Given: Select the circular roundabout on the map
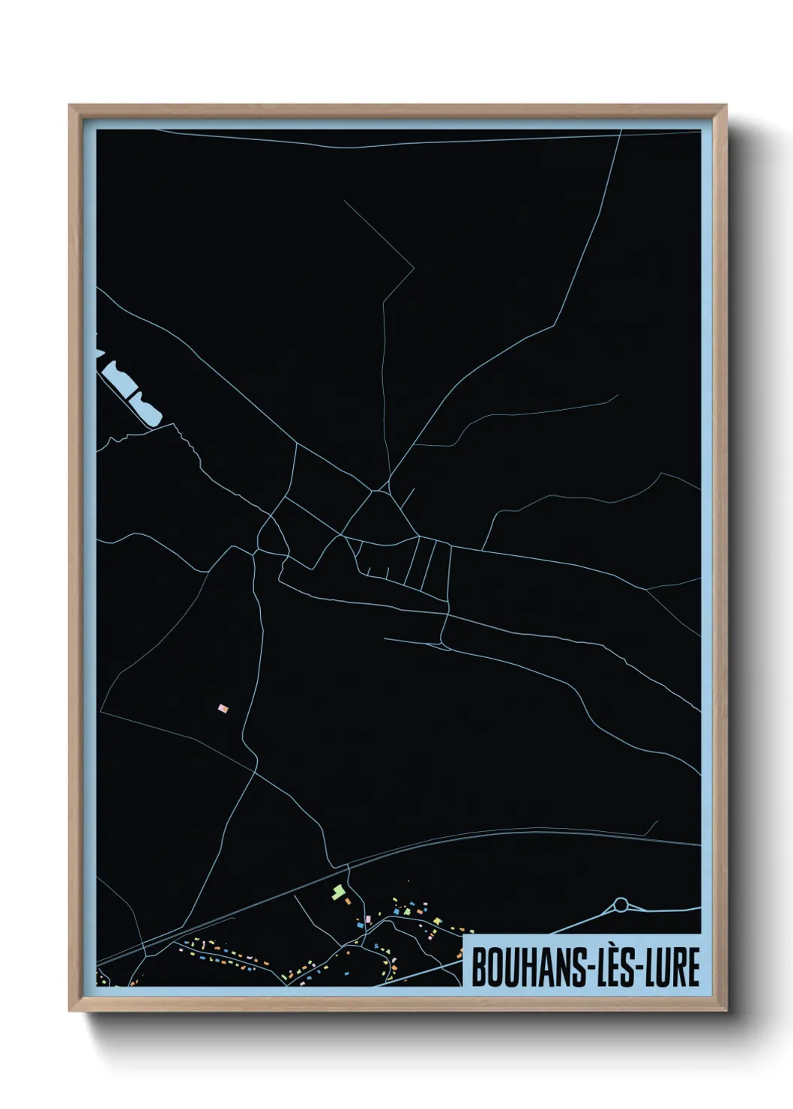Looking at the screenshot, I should tap(621, 905).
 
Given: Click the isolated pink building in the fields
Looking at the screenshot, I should tap(223, 707).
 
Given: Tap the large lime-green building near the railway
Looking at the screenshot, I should tap(338, 891).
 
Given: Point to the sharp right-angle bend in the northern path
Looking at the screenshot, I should tap(413, 267).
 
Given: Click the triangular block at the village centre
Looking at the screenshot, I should tap(376, 517).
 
